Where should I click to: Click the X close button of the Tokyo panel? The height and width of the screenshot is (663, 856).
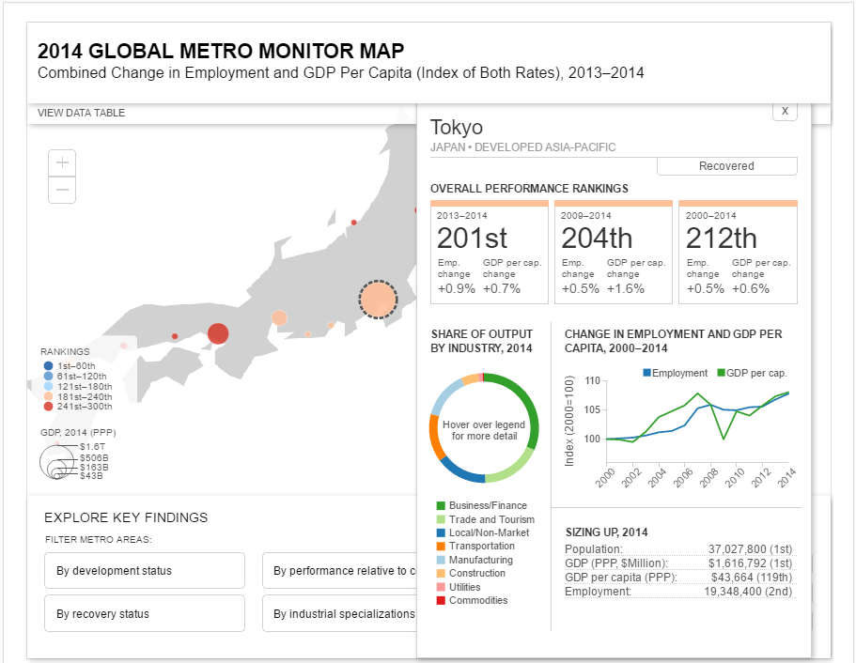[785, 112]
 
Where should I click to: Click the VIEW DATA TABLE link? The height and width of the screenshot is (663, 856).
[82, 113]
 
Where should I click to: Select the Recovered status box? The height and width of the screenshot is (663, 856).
[726, 166]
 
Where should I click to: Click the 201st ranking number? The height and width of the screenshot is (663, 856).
[472, 238]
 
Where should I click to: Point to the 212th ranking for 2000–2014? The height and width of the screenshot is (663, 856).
[721, 238]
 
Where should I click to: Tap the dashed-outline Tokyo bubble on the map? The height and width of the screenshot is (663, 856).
[378, 299]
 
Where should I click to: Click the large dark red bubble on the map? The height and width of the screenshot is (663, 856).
[218, 333]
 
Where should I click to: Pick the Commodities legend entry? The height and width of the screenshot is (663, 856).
[473, 600]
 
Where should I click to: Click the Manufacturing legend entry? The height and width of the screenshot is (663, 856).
[475, 560]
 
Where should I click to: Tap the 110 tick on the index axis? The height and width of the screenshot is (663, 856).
[592, 380]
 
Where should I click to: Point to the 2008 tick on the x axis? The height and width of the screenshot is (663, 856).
[709, 477]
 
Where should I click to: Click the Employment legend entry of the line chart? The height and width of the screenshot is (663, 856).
[675, 373]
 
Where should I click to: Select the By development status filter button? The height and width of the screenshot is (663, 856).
[145, 570]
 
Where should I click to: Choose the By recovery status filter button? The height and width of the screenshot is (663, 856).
[145, 613]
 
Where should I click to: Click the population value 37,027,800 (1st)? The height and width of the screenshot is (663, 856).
[750, 549]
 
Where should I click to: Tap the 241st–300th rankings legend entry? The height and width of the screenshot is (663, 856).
[78, 407]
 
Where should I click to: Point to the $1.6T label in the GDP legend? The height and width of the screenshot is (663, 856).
[92, 446]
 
